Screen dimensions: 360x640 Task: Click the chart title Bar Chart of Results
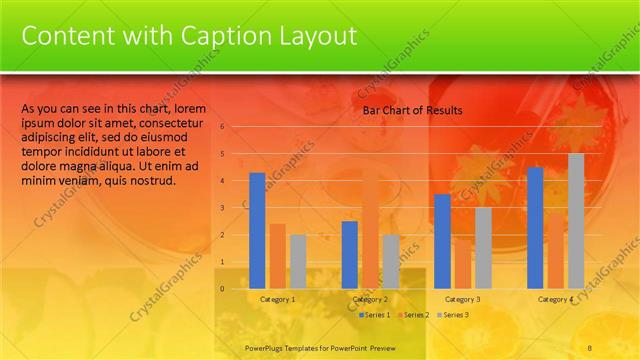coord(412,110)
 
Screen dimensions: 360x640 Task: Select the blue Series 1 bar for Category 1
coord(257,230)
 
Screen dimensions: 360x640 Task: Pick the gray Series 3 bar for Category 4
coord(576,221)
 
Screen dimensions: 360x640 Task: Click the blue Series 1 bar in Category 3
coord(442,241)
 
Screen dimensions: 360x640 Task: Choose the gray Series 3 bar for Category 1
coord(298,261)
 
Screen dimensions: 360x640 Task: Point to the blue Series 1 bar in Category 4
coord(535,227)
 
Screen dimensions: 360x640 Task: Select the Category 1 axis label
coord(277,299)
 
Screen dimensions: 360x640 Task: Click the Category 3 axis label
coord(462,299)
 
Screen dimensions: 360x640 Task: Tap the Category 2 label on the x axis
coord(370,299)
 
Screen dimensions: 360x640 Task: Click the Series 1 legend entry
coord(374,315)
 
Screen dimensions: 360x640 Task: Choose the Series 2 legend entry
coord(413,315)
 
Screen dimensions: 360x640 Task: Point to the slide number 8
coord(590,348)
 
